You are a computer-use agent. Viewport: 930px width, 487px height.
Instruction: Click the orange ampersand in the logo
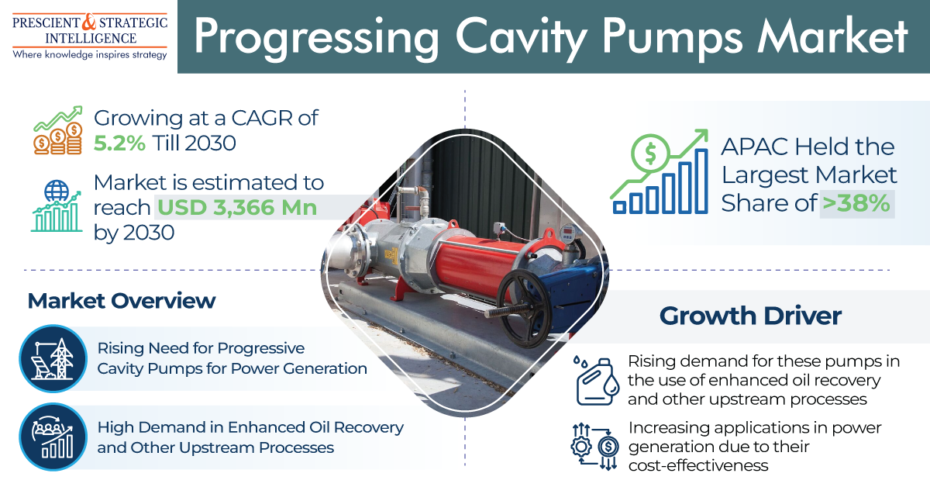click(x=89, y=22)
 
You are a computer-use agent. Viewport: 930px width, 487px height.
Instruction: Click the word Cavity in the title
click(x=521, y=39)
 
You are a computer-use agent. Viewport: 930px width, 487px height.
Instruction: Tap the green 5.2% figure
click(x=119, y=143)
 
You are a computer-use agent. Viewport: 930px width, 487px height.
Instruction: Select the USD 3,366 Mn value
click(x=237, y=207)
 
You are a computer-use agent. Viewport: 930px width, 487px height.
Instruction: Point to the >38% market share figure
click(x=856, y=203)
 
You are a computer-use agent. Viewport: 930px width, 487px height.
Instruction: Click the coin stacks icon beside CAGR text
click(x=57, y=138)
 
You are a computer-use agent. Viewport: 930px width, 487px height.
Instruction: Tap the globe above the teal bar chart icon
click(x=57, y=191)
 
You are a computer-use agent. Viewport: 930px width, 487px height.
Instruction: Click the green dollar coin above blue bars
click(x=650, y=153)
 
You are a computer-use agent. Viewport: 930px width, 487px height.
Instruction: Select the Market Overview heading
click(x=121, y=301)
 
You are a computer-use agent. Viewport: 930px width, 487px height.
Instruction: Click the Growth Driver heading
click(x=750, y=316)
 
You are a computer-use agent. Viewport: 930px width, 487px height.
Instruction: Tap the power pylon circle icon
click(x=53, y=358)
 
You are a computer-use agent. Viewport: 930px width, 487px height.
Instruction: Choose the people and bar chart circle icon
click(x=53, y=437)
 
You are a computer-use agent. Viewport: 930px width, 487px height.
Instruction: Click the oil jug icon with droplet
click(x=597, y=380)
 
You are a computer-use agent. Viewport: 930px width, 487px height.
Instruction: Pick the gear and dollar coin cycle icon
click(x=594, y=446)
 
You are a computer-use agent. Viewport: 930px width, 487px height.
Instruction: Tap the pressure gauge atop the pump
click(x=567, y=233)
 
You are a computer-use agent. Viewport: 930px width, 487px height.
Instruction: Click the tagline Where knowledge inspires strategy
click(x=90, y=55)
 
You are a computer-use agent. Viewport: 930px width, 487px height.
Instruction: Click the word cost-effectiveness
click(x=698, y=465)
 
